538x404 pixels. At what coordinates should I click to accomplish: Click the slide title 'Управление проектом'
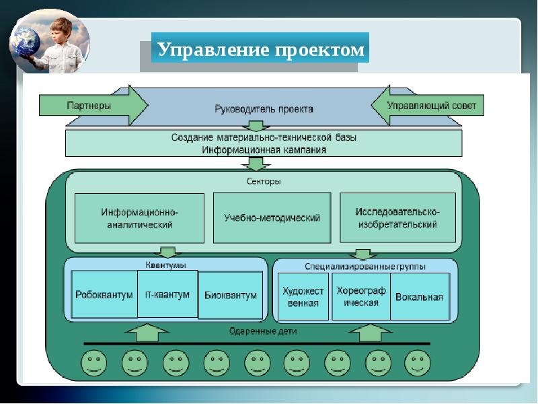(261, 49)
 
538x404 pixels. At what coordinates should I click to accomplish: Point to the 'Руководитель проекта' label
(264, 108)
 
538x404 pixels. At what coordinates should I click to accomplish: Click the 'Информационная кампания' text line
(264, 149)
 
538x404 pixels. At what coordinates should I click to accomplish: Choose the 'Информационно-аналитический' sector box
(139, 218)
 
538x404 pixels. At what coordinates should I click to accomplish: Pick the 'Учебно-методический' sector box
(272, 218)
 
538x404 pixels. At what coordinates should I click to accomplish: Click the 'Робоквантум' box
(104, 295)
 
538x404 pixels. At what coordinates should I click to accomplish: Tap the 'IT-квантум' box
(167, 294)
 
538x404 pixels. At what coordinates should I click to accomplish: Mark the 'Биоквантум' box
(230, 295)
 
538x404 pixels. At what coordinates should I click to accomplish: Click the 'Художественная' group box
(303, 296)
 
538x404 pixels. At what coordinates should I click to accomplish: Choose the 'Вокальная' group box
(420, 296)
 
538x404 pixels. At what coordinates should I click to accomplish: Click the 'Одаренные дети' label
(263, 331)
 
